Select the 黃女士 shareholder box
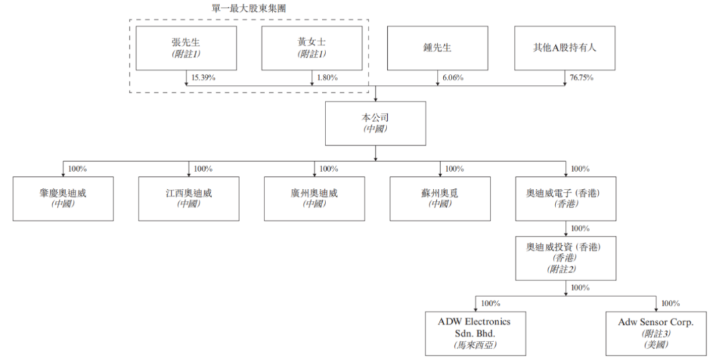[x=312, y=48]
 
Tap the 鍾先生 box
[x=438, y=48]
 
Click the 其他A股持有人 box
[x=564, y=48]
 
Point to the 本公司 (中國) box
[x=375, y=123]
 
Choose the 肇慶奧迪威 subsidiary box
[x=63, y=198]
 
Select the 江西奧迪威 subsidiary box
[x=188, y=198]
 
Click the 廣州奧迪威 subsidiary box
[x=314, y=198]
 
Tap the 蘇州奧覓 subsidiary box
[x=440, y=198]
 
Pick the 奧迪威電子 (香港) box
[x=565, y=198]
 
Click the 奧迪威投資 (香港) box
[x=565, y=257]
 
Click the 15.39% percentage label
[x=204, y=78]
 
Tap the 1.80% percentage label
[x=327, y=78]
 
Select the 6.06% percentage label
[x=452, y=78]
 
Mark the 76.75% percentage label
[x=581, y=78]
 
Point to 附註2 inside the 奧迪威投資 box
[x=564, y=269]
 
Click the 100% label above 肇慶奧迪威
[x=78, y=169]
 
